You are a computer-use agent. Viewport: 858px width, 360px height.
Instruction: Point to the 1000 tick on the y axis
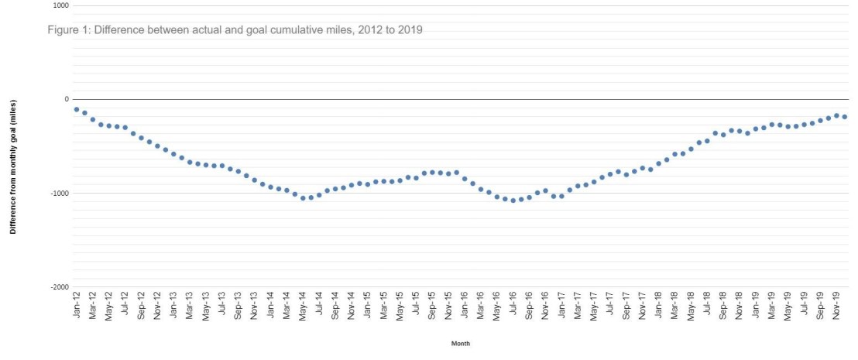coord(60,6)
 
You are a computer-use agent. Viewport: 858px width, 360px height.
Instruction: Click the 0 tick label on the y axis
coord(66,99)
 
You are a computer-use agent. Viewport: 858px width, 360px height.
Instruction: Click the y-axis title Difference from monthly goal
coord(12,167)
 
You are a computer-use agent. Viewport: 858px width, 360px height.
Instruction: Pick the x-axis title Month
coord(461,343)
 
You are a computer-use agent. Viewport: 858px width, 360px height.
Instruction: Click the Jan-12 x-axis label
coord(77,308)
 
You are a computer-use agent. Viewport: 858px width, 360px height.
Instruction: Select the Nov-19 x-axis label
coord(836,308)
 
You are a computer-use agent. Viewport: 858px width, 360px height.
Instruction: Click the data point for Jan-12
coord(77,109)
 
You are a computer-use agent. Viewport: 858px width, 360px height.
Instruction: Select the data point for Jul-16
coord(513,201)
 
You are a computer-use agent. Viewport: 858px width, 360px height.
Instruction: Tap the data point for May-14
coord(303,197)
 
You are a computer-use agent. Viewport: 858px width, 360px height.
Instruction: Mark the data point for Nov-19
coord(836,115)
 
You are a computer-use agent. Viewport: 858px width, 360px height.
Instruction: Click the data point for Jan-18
coord(658,163)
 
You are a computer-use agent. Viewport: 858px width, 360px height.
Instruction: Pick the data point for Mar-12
coord(93,119)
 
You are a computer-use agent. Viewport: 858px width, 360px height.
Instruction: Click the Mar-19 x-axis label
coord(771,308)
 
